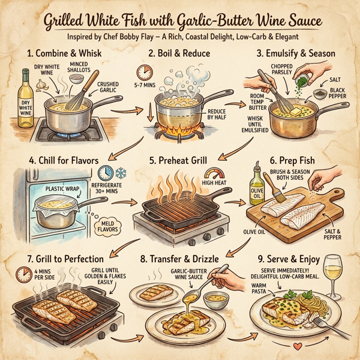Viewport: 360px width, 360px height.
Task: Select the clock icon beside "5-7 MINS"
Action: coord(144,72)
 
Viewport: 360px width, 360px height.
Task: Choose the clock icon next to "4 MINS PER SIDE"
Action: coord(23,274)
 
